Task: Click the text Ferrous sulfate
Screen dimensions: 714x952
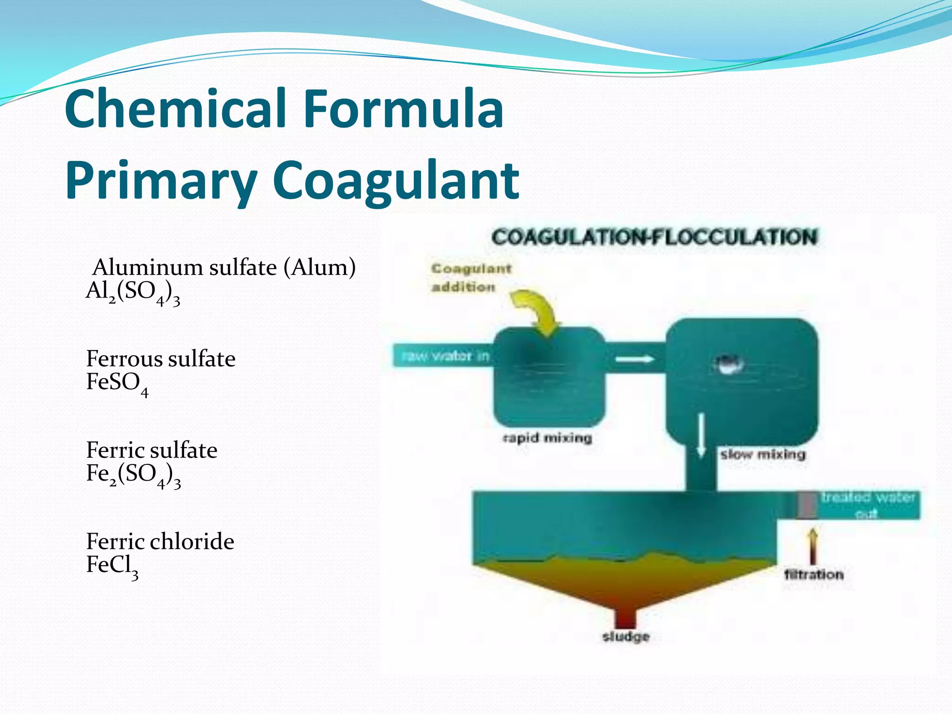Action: [161, 359]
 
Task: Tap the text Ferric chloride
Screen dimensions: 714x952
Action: [160, 542]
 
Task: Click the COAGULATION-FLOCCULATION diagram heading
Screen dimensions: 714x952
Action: [654, 237]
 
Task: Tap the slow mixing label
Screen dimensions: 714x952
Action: [762, 454]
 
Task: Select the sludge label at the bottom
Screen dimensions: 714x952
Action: [626, 636]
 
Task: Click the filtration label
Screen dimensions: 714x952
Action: [813, 575]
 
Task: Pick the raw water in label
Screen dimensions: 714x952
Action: [445, 357]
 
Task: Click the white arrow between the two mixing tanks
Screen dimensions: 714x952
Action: [635, 359]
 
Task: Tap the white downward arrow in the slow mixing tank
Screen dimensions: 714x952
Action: [701, 435]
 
